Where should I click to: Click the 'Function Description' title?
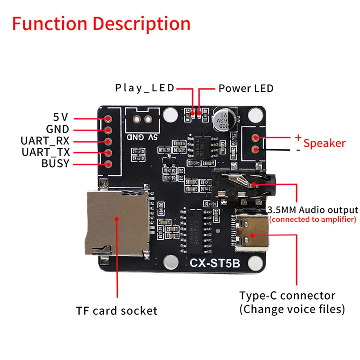pos(101,24)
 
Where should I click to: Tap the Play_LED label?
pos(145,88)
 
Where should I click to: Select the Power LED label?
pos(246,88)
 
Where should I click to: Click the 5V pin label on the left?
pos(61,117)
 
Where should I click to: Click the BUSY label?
pos(55,163)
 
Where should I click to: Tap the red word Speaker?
pos(324,143)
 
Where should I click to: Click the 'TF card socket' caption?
pos(117,311)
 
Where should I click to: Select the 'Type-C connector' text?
pos(287,296)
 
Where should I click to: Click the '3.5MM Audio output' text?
pos(313,210)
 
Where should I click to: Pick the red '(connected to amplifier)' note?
pos(313,220)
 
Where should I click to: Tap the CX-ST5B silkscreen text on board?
pos(215,264)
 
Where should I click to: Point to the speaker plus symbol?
pos(298,137)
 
